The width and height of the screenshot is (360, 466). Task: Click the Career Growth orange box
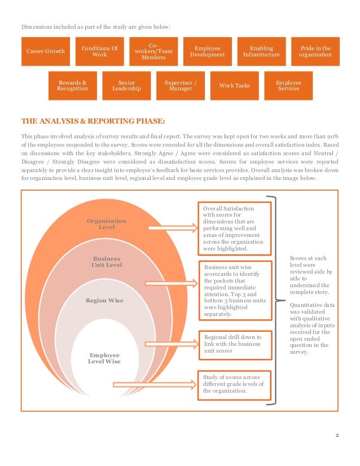point(46,51)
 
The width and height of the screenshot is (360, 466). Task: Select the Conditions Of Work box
point(99,51)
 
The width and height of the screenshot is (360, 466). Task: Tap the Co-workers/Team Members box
point(153,51)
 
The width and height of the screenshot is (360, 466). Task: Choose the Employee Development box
point(207,51)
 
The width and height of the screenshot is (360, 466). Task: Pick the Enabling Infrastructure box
point(261,51)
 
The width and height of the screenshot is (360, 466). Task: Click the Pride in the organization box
point(315,51)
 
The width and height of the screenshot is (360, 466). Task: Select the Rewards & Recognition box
point(72,85)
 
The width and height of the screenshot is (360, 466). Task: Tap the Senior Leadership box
point(126,85)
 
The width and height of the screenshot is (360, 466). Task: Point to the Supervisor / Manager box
point(181,85)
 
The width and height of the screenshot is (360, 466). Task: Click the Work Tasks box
point(234,85)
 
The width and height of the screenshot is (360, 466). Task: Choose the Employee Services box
point(288,85)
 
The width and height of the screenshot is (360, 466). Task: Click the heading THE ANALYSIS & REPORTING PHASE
point(94,121)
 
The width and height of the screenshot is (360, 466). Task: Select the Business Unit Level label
point(107,262)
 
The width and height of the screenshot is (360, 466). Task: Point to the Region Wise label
point(104,301)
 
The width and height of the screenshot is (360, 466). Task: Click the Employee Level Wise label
point(104,358)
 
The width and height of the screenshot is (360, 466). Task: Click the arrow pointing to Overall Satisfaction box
point(172,228)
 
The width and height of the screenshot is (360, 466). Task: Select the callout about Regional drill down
point(234,344)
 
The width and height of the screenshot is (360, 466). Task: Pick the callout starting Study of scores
point(234,383)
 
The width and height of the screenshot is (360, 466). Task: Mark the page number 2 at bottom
point(337,435)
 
